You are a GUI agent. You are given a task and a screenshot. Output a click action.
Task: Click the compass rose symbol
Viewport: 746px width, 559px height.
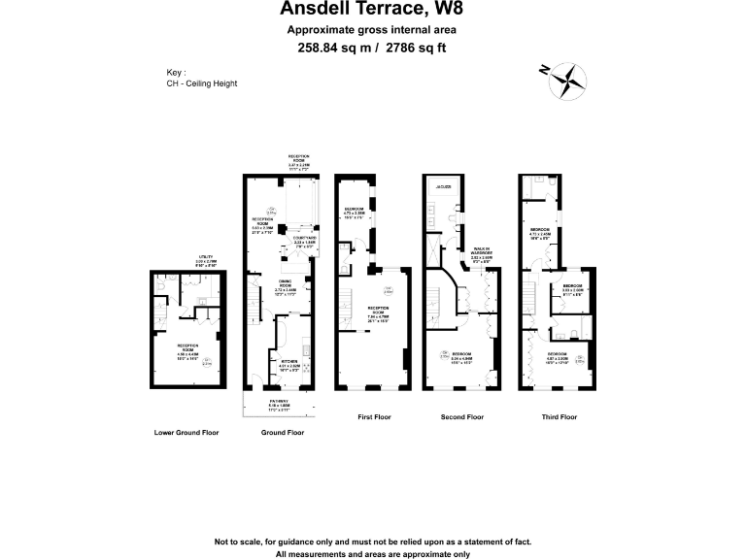click(565, 81)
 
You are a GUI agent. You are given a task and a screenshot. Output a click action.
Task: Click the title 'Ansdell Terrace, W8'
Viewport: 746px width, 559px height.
click(372, 10)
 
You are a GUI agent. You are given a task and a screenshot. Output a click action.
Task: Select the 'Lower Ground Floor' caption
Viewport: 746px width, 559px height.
click(186, 432)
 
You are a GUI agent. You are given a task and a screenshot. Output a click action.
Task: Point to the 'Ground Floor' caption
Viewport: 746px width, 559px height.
click(283, 432)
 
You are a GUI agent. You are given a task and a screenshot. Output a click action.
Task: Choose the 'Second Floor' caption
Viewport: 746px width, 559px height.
click(460, 417)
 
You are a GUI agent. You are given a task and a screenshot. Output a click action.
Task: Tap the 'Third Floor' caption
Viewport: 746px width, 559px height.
click(559, 417)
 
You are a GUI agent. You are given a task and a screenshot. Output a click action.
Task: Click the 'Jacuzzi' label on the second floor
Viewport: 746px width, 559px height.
click(445, 186)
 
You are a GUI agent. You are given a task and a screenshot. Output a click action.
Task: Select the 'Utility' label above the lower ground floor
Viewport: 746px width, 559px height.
click(205, 257)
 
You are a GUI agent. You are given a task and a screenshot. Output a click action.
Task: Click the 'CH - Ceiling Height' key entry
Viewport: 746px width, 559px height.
click(202, 83)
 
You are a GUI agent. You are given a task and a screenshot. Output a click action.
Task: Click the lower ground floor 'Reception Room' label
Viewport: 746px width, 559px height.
click(186, 346)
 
